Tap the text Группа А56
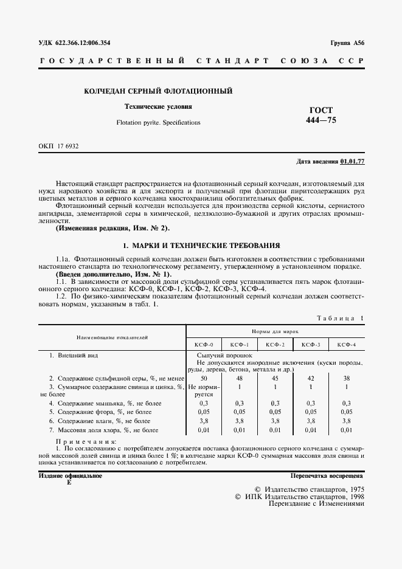[x=347, y=43]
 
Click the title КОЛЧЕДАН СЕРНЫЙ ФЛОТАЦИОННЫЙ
[x=158, y=91]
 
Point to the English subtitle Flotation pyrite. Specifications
[x=158, y=122]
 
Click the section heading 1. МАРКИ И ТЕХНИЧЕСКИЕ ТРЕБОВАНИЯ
[x=201, y=246]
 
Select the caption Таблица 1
[x=341, y=317]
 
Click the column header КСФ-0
[x=204, y=344]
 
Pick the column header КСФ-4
[x=346, y=344]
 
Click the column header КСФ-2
[x=275, y=344]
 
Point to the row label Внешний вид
[x=74, y=354]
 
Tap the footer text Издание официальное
[x=70, y=475]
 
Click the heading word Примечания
[x=80, y=442]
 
